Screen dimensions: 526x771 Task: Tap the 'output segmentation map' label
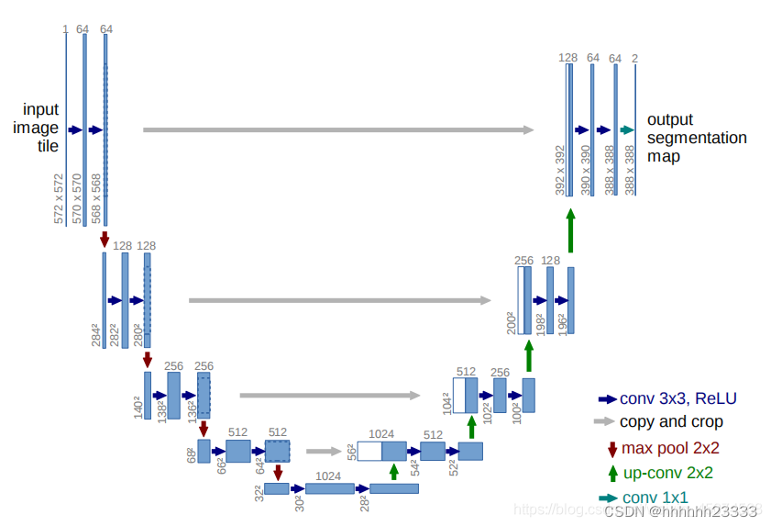click(696, 138)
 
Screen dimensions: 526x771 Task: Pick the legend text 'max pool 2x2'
click(670, 448)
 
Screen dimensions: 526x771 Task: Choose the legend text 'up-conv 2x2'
click(668, 474)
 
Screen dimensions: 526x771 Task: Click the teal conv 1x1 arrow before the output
click(627, 130)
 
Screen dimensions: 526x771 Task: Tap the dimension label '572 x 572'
click(60, 198)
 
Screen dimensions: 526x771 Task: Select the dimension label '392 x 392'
click(560, 169)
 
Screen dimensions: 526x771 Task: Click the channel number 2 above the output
click(635, 59)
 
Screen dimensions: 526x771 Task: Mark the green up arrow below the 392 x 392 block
click(570, 229)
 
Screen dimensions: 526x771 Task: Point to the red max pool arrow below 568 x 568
click(105, 239)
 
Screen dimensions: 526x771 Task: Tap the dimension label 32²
click(259, 492)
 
